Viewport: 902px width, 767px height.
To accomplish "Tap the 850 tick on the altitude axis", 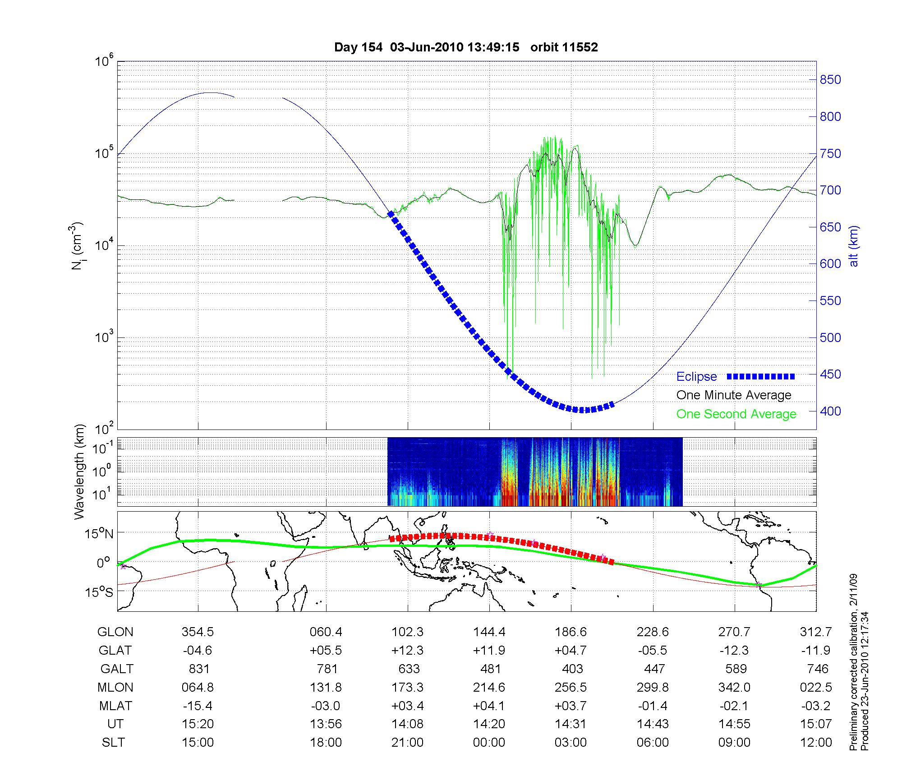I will (830, 80).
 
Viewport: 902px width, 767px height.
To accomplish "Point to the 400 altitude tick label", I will (830, 411).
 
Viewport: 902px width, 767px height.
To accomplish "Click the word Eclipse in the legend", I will (696, 377).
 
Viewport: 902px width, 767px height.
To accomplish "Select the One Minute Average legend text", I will (734, 395).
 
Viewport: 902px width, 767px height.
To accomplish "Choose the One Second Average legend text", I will (736, 414).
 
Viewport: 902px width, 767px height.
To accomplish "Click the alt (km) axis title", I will (854, 246).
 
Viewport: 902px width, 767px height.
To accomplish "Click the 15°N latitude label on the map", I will (99, 534).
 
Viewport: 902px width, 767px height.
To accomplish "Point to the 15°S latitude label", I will (99, 592).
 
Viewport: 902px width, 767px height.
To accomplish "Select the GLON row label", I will (115, 632).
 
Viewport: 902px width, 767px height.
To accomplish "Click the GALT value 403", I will (572, 669).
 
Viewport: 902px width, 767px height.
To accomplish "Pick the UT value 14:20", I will (489, 724).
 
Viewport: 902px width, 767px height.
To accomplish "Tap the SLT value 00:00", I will (489, 742).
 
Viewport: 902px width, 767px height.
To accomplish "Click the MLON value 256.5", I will (571, 687).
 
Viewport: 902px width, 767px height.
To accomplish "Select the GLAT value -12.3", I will (735, 650).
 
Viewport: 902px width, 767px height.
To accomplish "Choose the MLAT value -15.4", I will (198, 706).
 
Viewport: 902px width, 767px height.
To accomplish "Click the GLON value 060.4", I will (326, 632).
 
